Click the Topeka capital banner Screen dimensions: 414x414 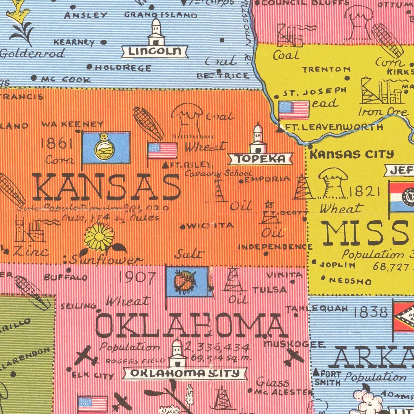260,159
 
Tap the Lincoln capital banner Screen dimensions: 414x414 155,51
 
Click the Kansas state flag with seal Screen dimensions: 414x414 106,148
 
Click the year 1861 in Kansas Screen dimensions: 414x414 57,144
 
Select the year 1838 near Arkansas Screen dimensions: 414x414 371,312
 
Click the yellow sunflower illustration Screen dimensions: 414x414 99,236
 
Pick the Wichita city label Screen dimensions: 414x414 210,226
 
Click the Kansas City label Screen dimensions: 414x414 352,155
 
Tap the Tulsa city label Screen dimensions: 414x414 270,290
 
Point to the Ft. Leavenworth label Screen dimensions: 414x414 334,127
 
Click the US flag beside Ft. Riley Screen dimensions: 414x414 162,150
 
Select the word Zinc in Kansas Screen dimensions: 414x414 31,251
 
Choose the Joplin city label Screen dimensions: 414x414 337,265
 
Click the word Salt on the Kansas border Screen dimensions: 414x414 190,254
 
